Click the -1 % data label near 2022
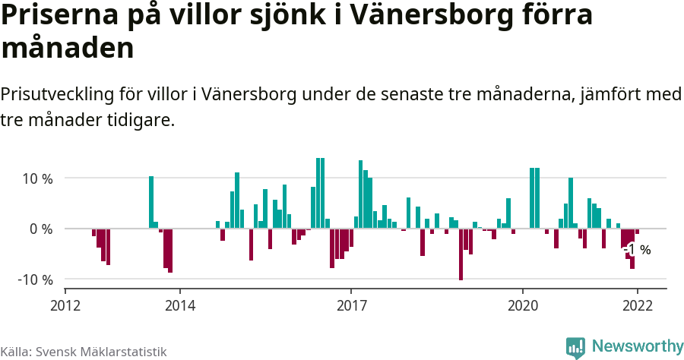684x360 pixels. click(637, 249)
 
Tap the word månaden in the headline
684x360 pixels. click(68, 49)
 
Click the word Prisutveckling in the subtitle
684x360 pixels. click(57, 96)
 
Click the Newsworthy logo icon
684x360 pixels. click(575, 347)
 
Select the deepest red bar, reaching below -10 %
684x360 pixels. click(461, 254)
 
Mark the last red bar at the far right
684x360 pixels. click(637, 231)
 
